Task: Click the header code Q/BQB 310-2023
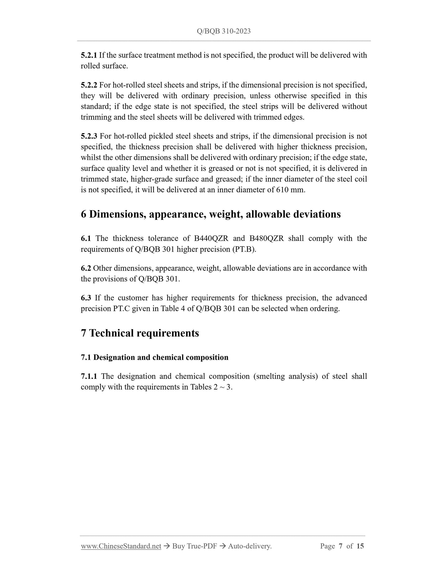(x=224, y=31)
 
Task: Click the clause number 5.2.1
(x=89, y=55)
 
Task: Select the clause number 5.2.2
(x=89, y=85)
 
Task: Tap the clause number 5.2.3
(x=89, y=136)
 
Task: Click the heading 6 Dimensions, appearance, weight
(x=211, y=214)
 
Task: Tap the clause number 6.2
(x=86, y=268)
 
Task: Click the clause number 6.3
(x=86, y=298)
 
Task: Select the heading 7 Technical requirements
(x=140, y=333)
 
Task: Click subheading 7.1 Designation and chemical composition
(x=154, y=358)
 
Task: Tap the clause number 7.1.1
(x=89, y=377)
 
